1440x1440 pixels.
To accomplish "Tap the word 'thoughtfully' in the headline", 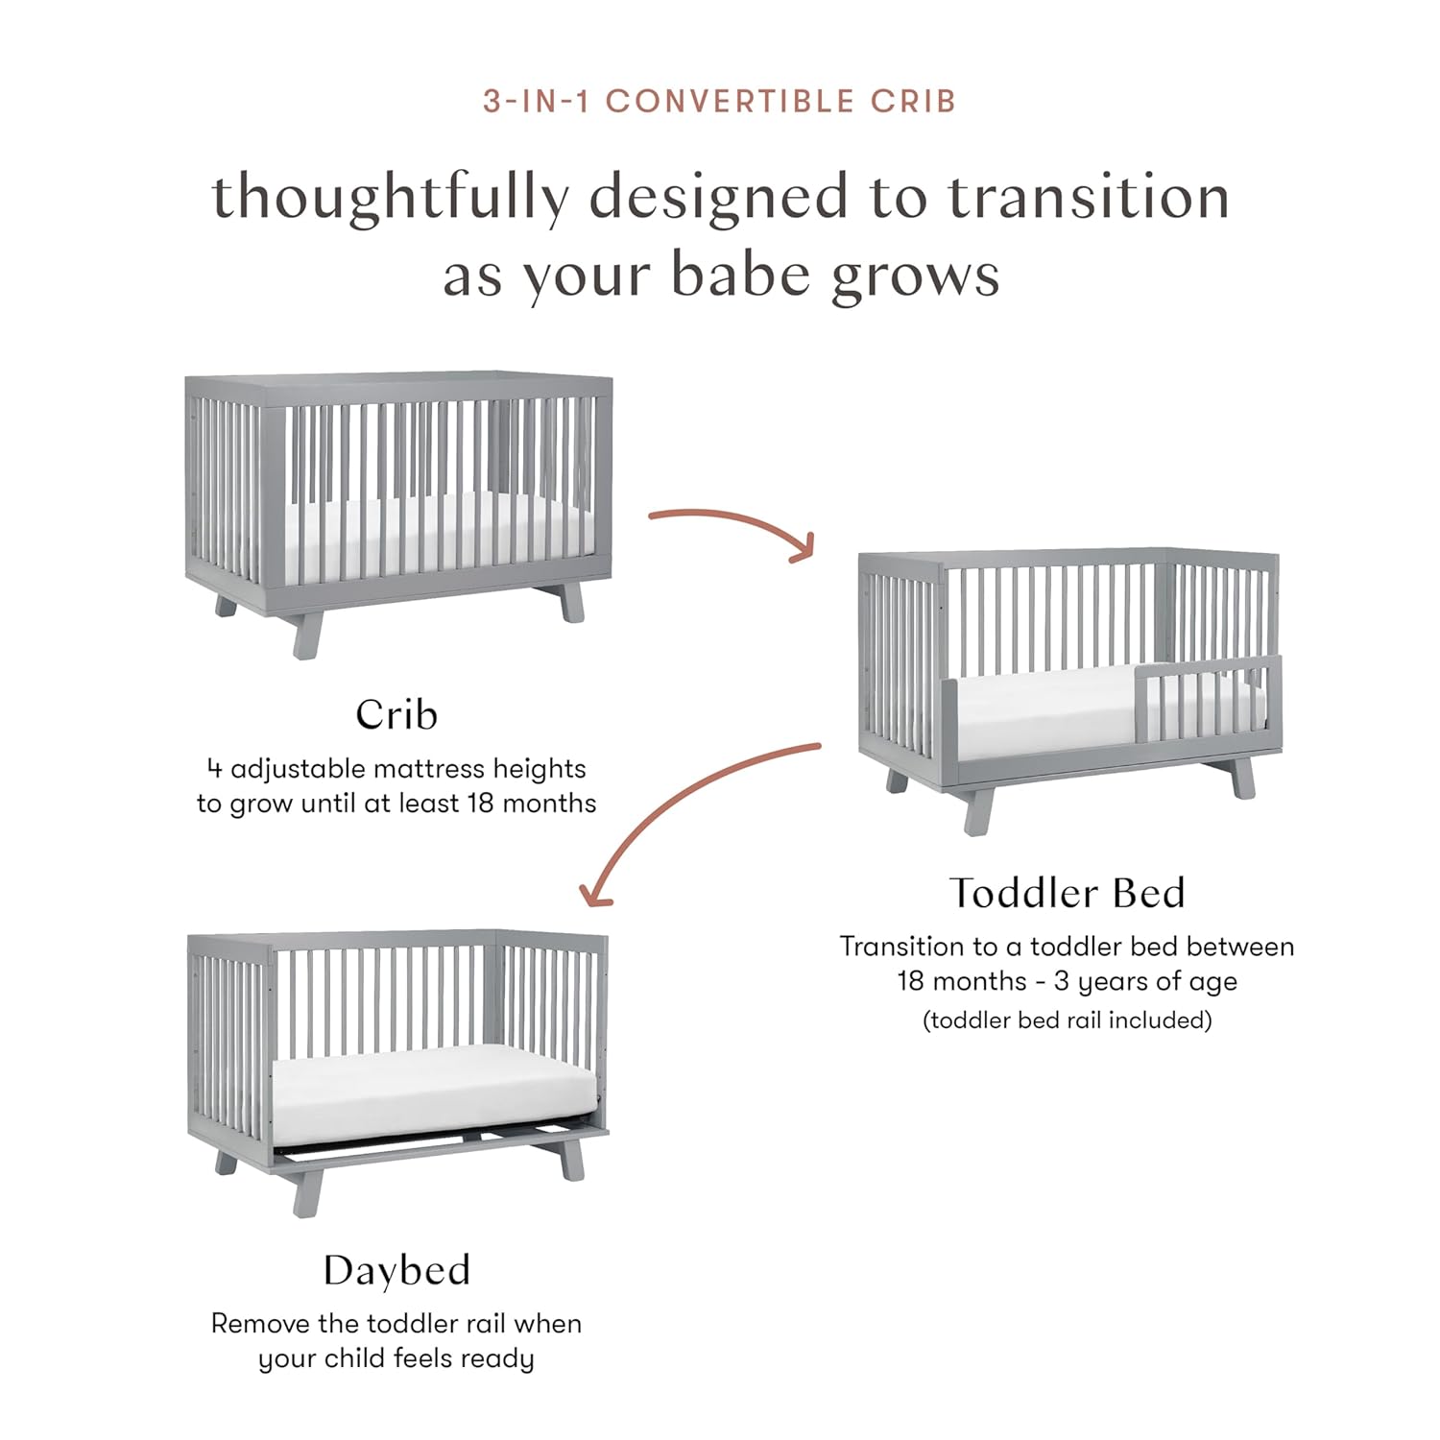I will click(389, 199).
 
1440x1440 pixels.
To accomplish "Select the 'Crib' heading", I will click(396, 714).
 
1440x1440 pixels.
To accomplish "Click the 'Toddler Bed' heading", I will click(1068, 893).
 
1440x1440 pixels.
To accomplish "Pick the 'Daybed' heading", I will click(396, 1270).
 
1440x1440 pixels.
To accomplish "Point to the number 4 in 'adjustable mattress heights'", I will click(214, 769).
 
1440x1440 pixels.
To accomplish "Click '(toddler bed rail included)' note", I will click(1067, 1020).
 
